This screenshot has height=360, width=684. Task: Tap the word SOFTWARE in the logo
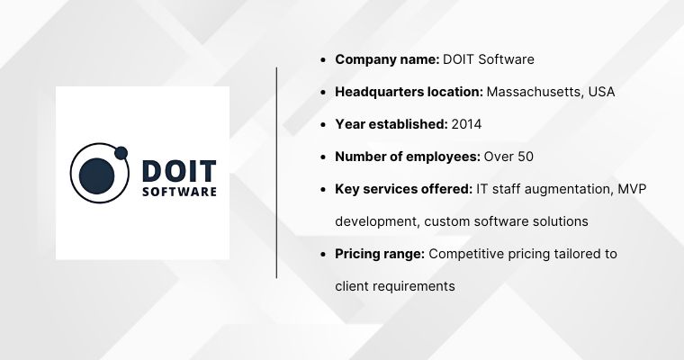point(179,191)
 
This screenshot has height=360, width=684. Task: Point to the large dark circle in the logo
point(96,175)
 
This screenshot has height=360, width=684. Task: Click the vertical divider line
point(276,171)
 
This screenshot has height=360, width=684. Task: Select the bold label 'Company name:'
point(387,59)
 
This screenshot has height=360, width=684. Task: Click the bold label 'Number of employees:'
point(408,157)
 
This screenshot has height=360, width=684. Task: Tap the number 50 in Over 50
point(525,157)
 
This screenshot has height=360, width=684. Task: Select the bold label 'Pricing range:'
point(380,254)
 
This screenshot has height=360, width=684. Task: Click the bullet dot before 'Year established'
point(323,125)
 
